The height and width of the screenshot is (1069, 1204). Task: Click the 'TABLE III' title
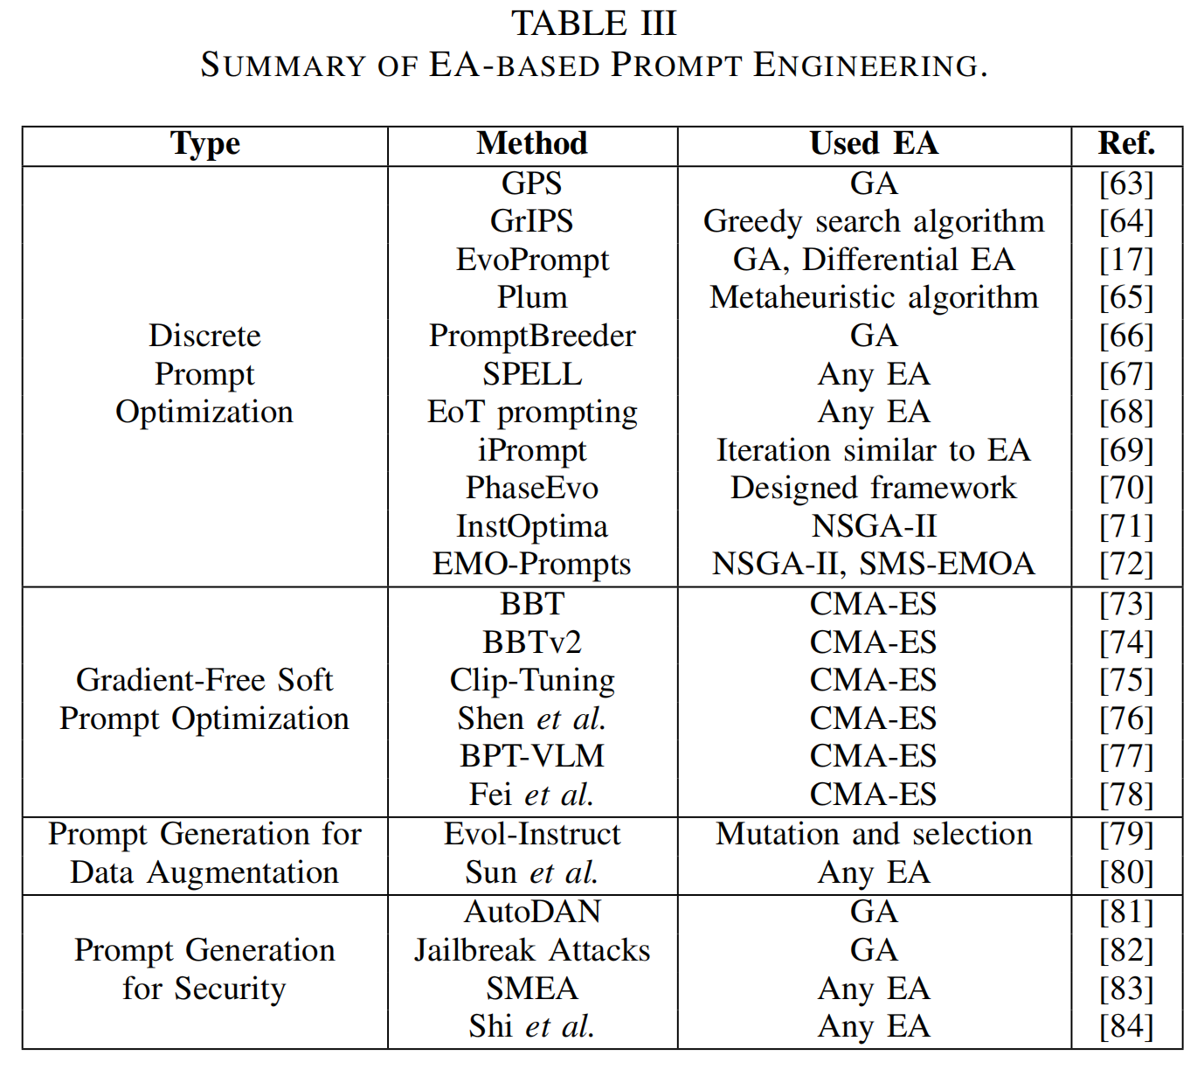tap(594, 24)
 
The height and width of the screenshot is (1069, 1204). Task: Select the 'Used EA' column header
tap(874, 143)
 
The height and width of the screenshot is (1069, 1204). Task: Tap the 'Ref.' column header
tap(1126, 143)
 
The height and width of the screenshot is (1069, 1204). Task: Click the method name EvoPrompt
tap(532, 260)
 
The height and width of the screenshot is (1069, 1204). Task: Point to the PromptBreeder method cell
tap(532, 336)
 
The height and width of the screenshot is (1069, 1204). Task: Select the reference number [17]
tap(1126, 260)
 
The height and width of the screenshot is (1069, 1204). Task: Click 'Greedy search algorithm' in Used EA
tap(874, 221)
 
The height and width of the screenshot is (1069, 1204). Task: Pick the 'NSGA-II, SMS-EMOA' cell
tap(874, 564)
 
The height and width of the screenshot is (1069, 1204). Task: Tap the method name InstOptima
tap(532, 526)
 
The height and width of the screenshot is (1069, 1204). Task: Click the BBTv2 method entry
tap(532, 642)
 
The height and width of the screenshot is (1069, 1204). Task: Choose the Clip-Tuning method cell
tap(532, 680)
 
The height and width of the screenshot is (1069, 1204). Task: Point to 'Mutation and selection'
tap(874, 834)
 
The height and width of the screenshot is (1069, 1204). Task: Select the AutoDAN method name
tap(532, 912)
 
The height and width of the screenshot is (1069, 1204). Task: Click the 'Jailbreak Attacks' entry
tap(532, 950)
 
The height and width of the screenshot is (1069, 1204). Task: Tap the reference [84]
tap(1126, 1026)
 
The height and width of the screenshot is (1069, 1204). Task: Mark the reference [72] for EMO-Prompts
tap(1126, 564)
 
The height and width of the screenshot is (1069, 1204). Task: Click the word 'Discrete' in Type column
tap(204, 336)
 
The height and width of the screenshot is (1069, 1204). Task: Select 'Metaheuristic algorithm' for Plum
tap(874, 297)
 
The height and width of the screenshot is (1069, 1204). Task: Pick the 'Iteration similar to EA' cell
tap(874, 450)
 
